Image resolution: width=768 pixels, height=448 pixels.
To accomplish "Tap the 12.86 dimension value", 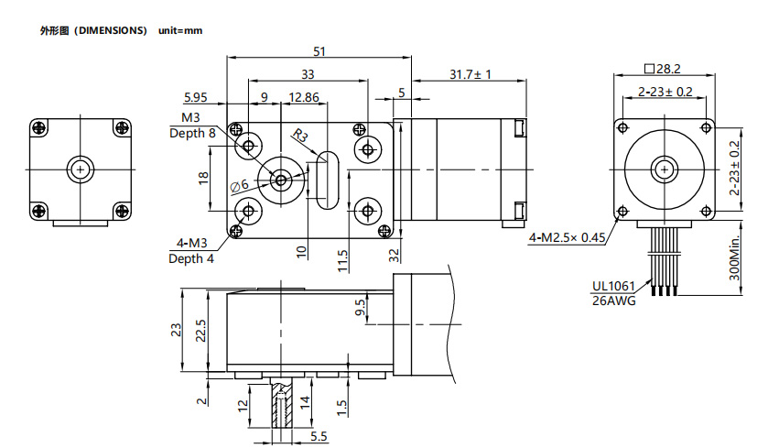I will (304, 96).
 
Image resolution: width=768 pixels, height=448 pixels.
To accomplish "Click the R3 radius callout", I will (301, 138).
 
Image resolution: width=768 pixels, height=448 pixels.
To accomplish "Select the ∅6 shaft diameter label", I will (240, 185).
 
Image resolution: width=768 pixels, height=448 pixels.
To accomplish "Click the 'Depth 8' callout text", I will (193, 133).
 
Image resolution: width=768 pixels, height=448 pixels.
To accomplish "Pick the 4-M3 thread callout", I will (191, 244).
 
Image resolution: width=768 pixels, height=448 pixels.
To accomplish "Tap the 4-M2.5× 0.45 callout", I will (568, 238).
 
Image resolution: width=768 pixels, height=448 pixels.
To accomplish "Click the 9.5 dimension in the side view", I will (360, 309).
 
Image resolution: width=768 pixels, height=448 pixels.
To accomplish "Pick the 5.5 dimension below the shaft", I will (318, 436).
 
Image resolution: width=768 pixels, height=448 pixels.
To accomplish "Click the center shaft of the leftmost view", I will (81, 169).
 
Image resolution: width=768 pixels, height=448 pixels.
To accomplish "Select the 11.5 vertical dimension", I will (341, 260).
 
